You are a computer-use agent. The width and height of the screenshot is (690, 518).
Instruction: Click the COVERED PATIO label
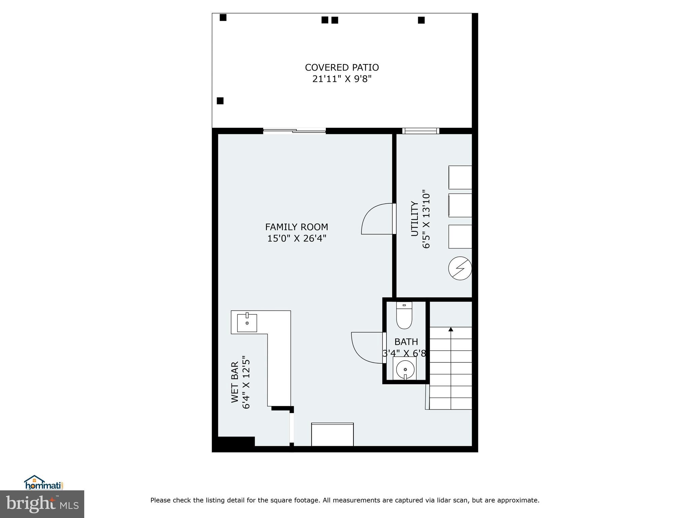342,67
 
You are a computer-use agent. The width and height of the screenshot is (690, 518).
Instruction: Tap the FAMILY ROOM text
296,227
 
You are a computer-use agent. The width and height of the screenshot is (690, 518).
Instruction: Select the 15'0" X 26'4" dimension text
296,238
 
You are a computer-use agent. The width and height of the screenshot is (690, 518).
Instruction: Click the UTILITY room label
414,219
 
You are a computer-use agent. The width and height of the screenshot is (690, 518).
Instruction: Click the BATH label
406,342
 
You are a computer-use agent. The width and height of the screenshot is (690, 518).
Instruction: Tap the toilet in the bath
404,316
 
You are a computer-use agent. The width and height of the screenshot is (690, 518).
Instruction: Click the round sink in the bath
405,369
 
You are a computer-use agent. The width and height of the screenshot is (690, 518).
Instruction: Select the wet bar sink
247,323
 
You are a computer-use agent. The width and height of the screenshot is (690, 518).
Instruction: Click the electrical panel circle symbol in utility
460,268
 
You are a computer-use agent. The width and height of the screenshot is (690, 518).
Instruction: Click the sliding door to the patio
294,131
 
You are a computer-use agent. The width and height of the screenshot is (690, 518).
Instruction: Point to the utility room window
420,131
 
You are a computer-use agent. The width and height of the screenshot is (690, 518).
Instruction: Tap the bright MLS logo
42,504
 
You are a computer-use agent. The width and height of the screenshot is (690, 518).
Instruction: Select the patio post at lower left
220,100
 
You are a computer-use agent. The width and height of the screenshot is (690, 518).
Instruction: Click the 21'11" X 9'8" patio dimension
342,79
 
